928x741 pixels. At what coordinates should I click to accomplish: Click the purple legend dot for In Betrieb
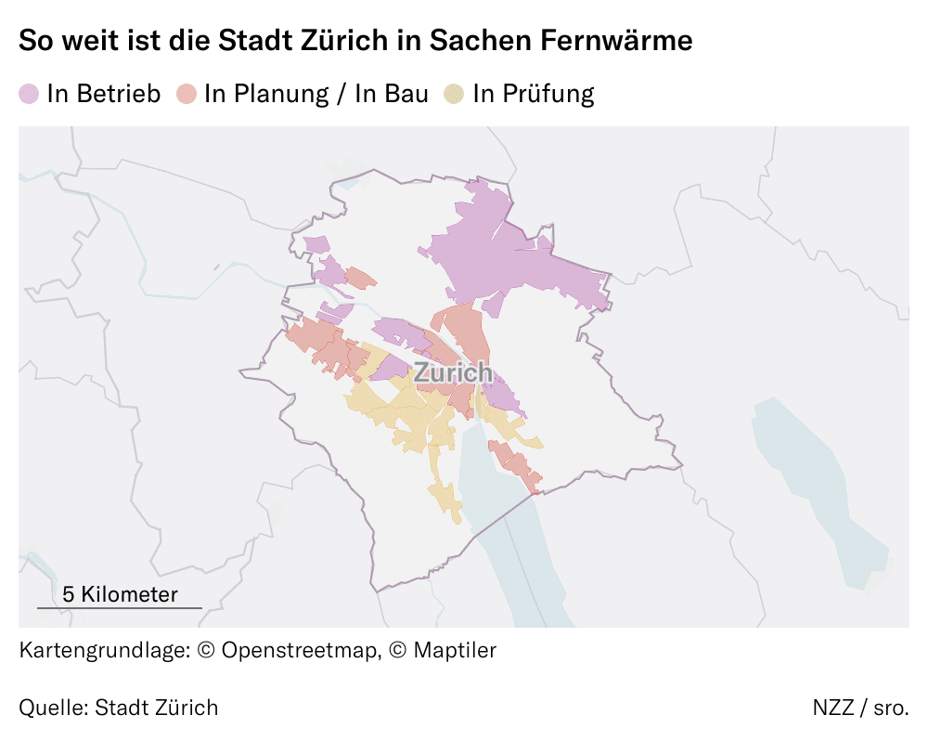coord(29,94)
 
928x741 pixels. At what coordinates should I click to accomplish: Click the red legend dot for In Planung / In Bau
coord(187,94)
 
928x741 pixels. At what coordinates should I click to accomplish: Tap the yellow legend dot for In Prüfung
coord(454,94)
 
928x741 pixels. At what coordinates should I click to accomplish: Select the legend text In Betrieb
coord(104,94)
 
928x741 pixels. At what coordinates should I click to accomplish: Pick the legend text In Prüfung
coord(533,94)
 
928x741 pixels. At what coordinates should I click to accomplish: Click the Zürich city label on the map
coord(453,373)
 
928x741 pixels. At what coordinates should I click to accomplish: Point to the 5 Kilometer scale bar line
coord(119,608)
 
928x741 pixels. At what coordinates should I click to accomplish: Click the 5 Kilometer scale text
coord(119,594)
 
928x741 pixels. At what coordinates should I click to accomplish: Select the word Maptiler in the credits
coord(455,650)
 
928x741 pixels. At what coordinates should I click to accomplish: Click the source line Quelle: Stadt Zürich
coord(119,708)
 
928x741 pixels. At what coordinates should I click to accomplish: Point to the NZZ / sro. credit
coord(860,708)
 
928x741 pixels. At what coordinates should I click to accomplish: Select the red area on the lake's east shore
coord(516,464)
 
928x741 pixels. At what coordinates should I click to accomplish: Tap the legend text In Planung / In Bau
coord(316,94)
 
